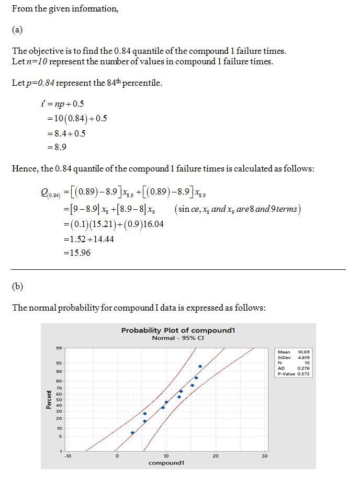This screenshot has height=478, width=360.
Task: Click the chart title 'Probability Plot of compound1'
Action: (x=178, y=331)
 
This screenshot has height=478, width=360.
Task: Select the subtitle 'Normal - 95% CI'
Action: (x=178, y=338)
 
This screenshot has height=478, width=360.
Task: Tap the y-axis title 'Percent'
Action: (x=49, y=400)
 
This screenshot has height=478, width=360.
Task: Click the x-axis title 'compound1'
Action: (x=166, y=463)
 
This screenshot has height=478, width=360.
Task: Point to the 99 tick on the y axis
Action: (x=59, y=348)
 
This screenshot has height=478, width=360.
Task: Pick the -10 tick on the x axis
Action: (x=67, y=456)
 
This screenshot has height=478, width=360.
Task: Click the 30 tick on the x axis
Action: (x=264, y=456)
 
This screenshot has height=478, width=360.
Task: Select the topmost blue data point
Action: (x=200, y=367)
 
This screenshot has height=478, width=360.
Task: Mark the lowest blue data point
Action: (x=133, y=433)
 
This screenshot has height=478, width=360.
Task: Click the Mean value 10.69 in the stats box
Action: (x=303, y=352)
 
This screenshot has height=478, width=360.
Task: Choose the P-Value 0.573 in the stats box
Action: (x=303, y=374)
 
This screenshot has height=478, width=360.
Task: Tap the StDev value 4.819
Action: (x=303, y=358)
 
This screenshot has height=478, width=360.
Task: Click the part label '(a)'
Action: (x=17, y=30)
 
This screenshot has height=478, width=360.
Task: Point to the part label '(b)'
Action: (x=17, y=287)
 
